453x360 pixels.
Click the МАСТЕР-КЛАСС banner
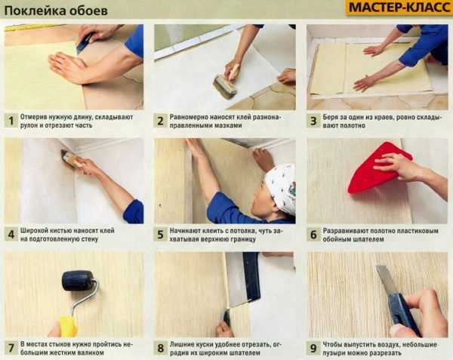point(399,8)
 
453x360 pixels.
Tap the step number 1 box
point(11,121)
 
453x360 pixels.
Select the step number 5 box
point(160,235)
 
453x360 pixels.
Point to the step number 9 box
point(313,349)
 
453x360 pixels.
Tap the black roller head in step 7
point(78,280)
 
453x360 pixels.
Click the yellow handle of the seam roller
point(68,327)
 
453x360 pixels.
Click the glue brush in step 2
point(226,84)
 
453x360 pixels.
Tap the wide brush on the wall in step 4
point(70,158)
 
